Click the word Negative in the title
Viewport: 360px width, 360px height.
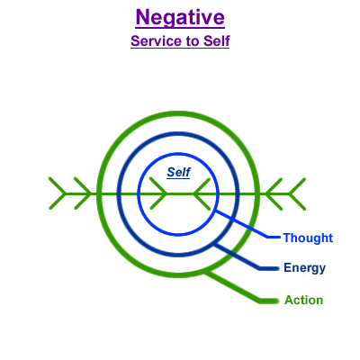pos(180,17)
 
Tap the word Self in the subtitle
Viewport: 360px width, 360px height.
pos(217,41)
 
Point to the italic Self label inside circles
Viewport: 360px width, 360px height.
pos(178,172)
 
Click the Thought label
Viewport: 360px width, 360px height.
pos(308,238)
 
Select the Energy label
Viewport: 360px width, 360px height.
pos(305,268)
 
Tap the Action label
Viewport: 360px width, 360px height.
pos(304,300)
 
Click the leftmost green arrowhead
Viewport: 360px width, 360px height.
pos(58,193)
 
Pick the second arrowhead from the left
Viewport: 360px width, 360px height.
pos(83,193)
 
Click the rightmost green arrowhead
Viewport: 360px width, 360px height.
pos(297,193)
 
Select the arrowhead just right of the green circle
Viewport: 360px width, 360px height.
pos(274,193)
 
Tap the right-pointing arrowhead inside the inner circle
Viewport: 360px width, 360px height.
pos(158,193)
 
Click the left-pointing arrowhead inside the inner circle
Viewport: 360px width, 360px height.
pos(202,193)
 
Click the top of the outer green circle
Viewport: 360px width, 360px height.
pos(177,113)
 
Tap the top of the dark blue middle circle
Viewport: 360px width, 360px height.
pos(177,134)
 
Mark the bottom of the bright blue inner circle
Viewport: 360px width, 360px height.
pos(178,234)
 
